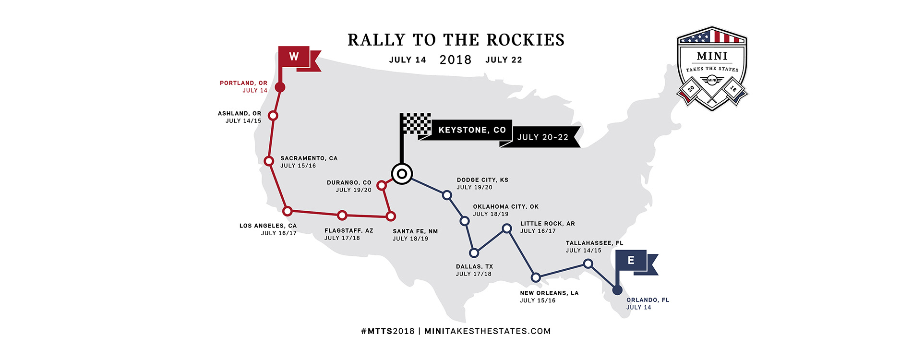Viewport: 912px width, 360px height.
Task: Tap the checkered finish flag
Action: coord(416,123)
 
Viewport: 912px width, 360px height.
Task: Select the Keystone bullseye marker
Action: coord(402,174)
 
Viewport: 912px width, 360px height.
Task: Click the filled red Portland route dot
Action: coord(280,87)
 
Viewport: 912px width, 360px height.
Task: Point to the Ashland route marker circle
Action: coord(273,116)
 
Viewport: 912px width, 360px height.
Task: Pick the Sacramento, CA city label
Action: coord(309,158)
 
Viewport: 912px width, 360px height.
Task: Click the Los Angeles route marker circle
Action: coord(287,211)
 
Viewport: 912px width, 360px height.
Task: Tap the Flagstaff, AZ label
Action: coord(348,231)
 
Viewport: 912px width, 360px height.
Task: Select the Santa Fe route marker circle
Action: coord(391,216)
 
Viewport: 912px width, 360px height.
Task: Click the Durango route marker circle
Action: coord(382,185)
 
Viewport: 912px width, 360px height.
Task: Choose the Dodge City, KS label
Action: coord(482,180)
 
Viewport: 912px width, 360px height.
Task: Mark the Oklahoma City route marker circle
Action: coord(465,221)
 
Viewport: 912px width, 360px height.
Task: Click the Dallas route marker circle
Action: coord(474,253)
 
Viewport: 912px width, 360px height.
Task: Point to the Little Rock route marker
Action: coord(507,228)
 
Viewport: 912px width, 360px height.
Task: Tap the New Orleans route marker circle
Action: coord(536,277)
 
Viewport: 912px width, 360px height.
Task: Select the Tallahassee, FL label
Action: coord(594,243)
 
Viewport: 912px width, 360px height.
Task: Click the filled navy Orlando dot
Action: coord(618,290)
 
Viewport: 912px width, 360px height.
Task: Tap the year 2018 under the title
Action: coord(456,60)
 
